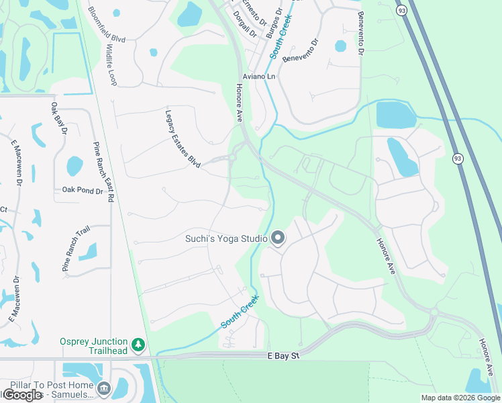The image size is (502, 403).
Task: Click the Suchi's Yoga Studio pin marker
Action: (x=278, y=238)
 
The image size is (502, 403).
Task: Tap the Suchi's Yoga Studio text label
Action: (x=227, y=238)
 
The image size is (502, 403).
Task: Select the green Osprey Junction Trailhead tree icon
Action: (x=138, y=345)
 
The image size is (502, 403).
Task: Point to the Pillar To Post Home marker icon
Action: (x=103, y=388)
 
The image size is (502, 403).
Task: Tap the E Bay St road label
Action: (x=282, y=355)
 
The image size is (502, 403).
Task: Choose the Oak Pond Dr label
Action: (x=82, y=191)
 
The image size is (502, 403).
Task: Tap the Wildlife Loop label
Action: (x=110, y=64)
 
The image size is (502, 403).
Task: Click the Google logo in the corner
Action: (x=22, y=395)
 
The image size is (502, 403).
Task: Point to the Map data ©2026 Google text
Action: (x=460, y=398)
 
